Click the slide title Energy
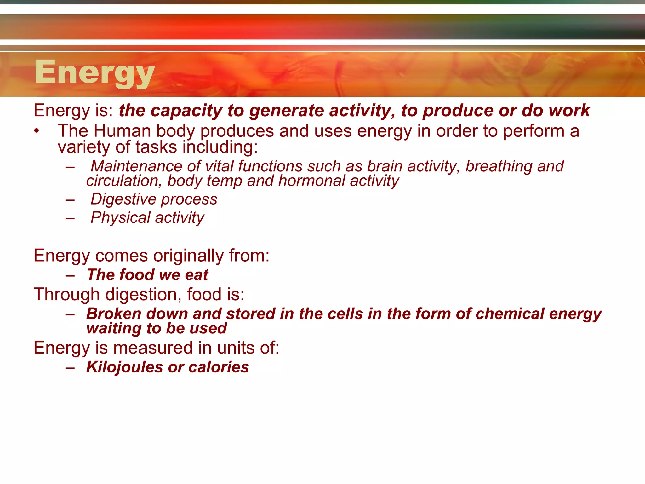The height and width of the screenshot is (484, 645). (x=94, y=72)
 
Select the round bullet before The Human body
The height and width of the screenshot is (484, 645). (x=37, y=131)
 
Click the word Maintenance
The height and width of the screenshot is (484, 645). (x=136, y=166)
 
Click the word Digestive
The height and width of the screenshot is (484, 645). (x=123, y=199)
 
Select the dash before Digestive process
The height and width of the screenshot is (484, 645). (x=70, y=200)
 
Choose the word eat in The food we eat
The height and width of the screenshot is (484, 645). (x=197, y=275)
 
